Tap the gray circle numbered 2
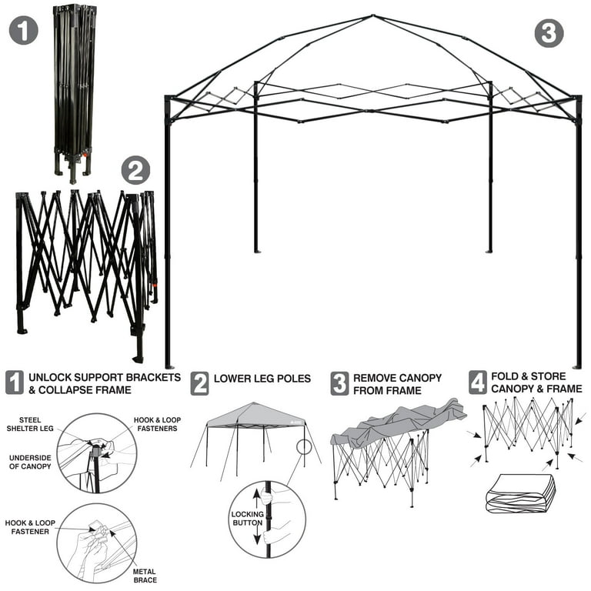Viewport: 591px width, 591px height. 135,170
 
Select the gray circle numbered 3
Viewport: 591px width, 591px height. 549,33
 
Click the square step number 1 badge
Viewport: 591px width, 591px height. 15,382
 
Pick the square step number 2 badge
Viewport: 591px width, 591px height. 199,382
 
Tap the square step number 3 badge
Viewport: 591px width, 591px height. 339,382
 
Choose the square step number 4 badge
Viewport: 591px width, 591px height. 478,382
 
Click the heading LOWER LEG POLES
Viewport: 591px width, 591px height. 262,379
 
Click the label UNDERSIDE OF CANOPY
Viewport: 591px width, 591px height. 30,462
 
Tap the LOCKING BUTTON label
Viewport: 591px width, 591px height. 247,519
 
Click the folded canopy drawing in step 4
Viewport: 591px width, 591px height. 520,492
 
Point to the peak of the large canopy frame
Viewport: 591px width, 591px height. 372,15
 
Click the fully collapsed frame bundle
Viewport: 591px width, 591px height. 75,88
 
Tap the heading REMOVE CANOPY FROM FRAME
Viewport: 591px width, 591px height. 397,384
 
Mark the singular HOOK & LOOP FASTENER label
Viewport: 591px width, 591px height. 30,526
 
